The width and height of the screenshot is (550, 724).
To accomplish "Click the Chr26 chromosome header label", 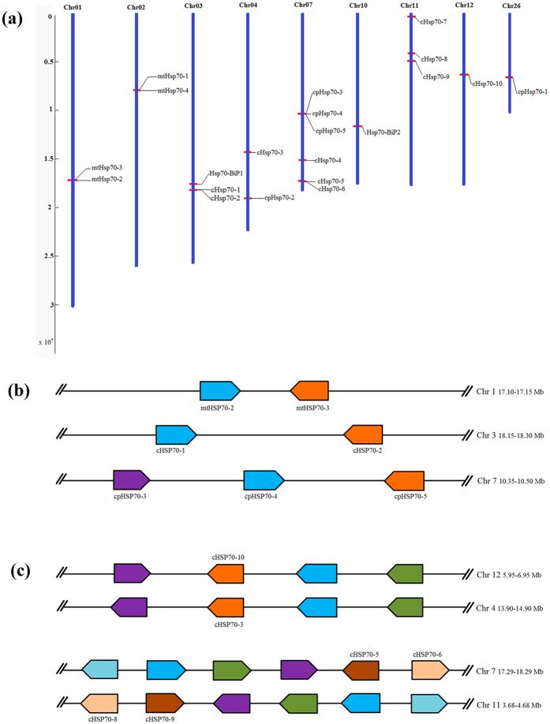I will pos(511,6).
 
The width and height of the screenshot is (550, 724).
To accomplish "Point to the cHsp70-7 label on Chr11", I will pos(433,22).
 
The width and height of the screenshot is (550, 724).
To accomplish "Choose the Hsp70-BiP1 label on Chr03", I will pos(226,173).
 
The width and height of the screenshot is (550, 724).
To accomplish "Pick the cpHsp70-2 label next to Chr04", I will pos(279,198).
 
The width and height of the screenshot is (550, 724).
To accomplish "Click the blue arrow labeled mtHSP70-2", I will pos(219,390).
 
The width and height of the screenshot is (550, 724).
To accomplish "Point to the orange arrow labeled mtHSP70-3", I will pos(309,390).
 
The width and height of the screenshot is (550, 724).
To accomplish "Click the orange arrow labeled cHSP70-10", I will pos(226,573).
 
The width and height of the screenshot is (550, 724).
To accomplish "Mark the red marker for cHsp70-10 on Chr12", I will pos(464,75).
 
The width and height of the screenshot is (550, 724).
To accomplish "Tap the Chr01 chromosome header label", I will pos(73,6).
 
